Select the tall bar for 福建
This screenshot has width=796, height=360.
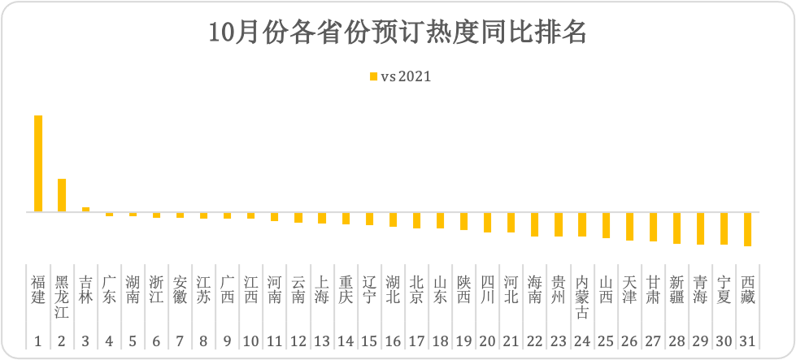tap(38, 163)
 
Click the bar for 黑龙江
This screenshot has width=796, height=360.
tap(62, 195)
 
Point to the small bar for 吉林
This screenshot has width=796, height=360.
tap(85, 210)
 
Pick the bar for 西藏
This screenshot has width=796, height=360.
tap(747, 229)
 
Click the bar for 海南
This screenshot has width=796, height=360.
tap(534, 224)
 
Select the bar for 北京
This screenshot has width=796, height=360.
tap(416, 220)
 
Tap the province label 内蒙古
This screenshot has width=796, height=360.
tap(582, 297)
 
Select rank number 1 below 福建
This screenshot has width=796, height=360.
tap(38, 341)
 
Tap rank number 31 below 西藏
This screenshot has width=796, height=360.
tap(747, 341)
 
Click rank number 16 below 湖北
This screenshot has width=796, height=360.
tap(393, 341)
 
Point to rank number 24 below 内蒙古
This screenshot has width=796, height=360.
tap(582, 341)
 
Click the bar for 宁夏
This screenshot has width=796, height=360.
tap(724, 228)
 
